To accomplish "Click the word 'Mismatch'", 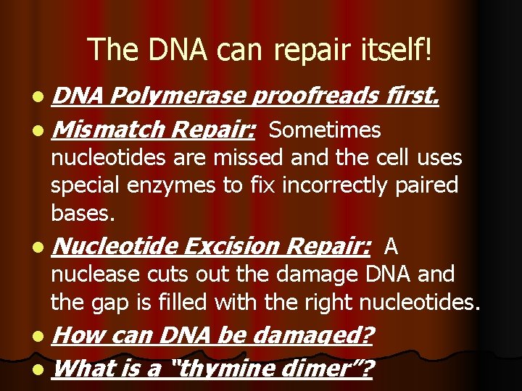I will pyautogui.click(x=109, y=130).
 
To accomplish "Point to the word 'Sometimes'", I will pyautogui.click(x=324, y=130).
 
